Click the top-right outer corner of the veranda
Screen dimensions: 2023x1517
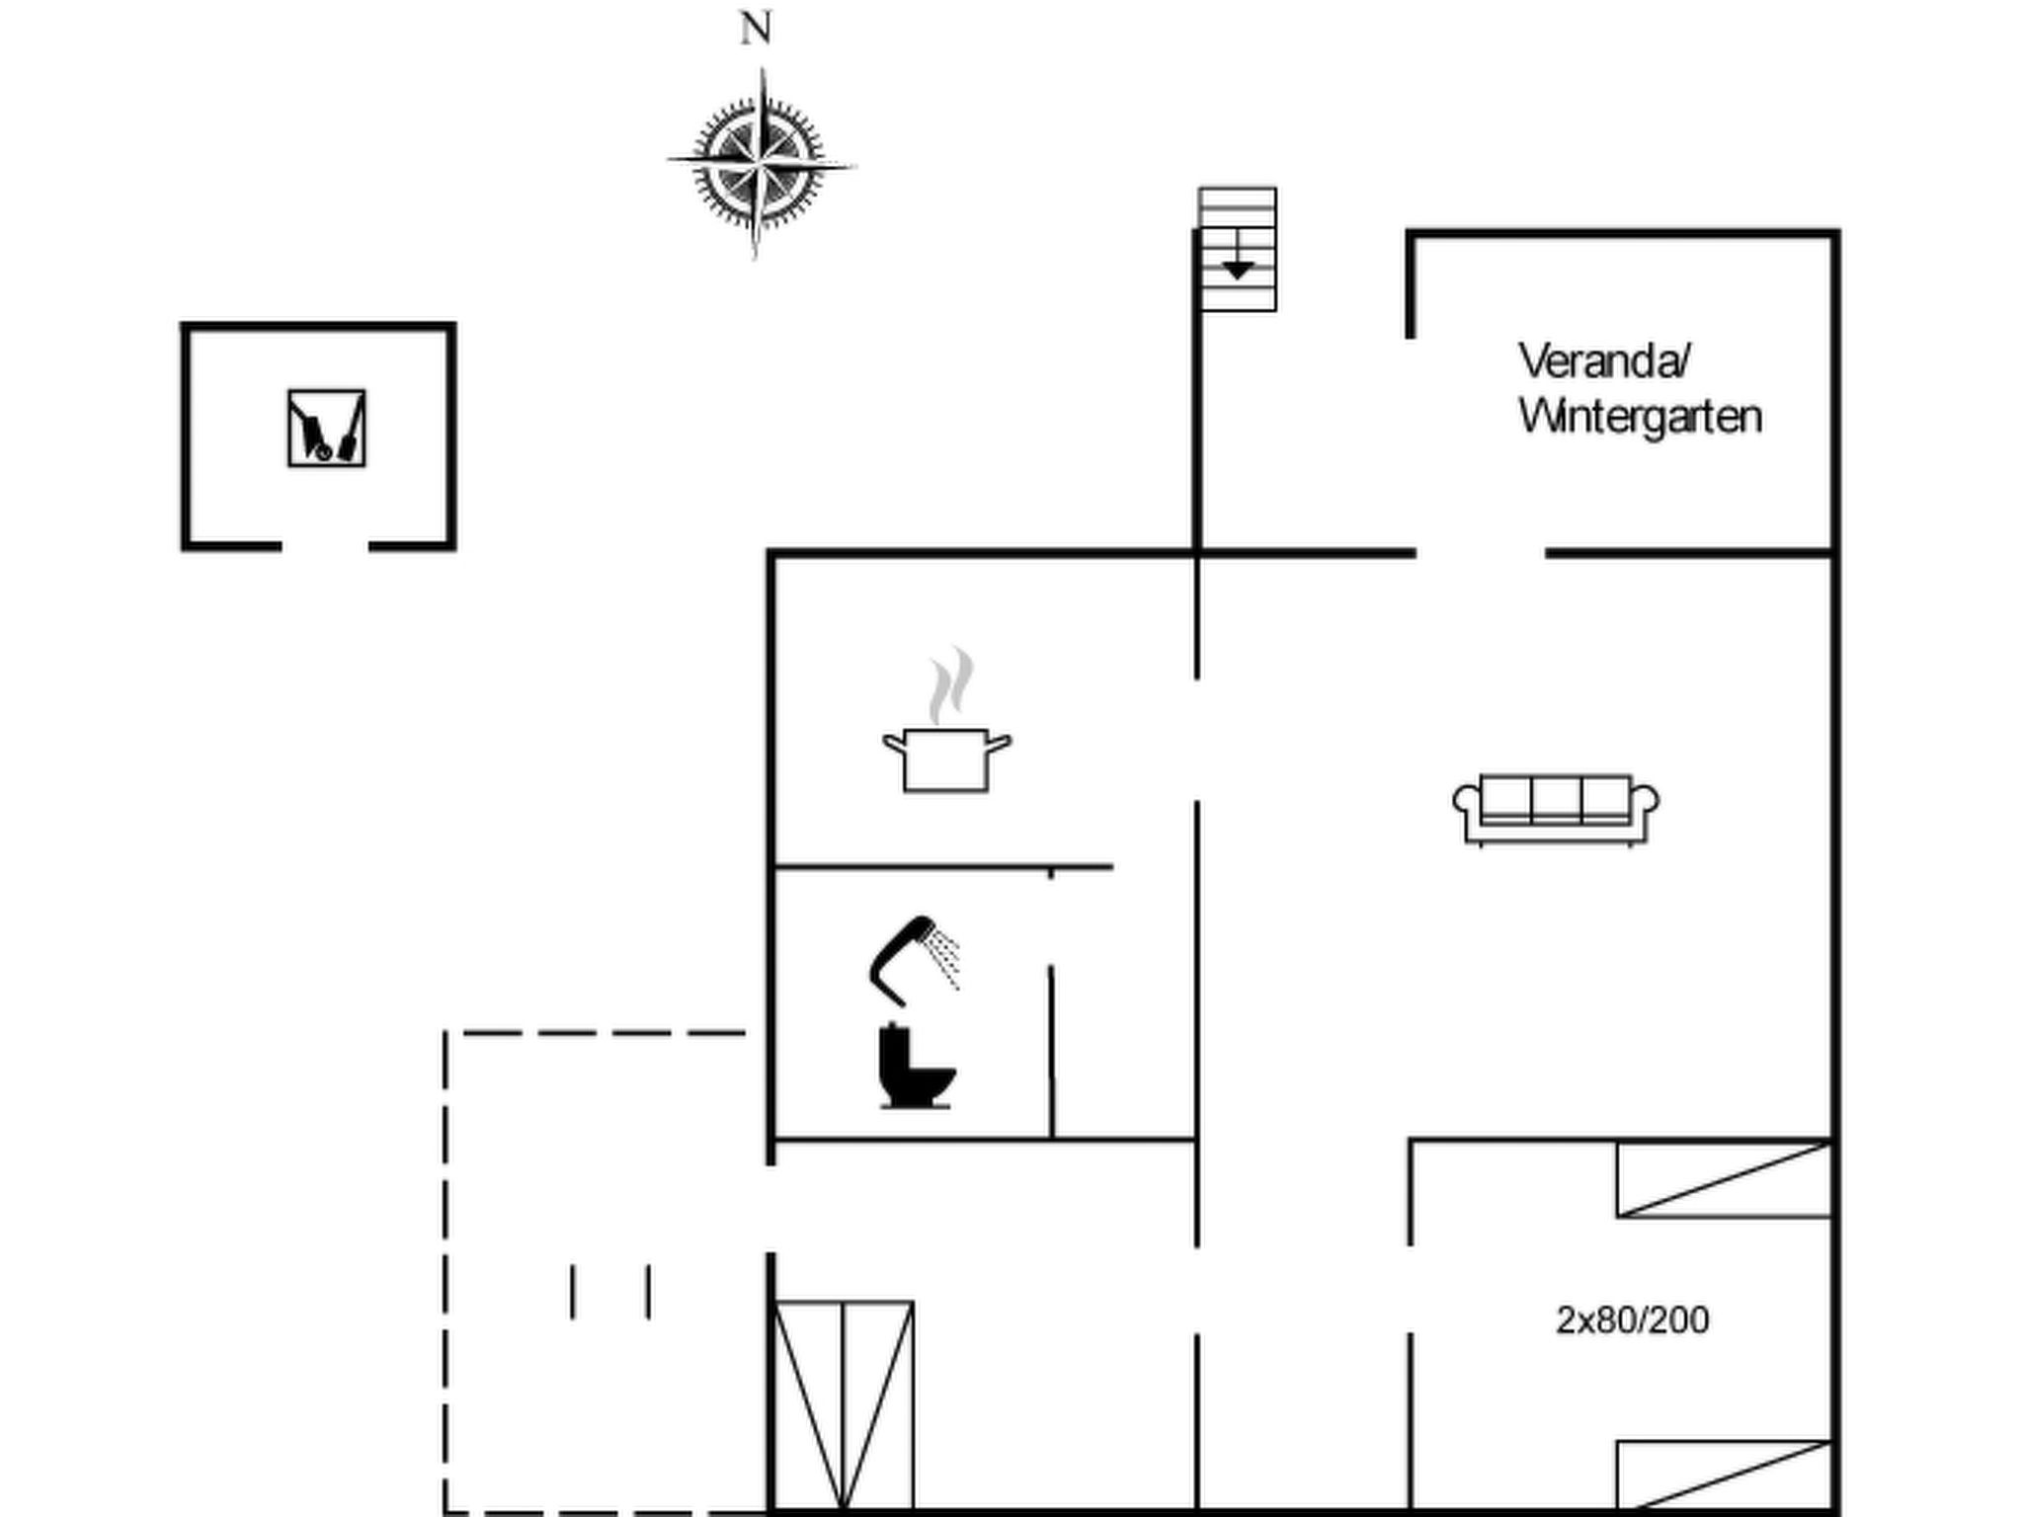[x=1838, y=231]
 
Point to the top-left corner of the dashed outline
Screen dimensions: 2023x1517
[x=445, y=1032]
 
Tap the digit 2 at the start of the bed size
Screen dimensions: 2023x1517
[x=1567, y=1320]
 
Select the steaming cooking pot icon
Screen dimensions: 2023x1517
[x=946, y=721]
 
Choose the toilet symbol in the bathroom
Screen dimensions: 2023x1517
[x=916, y=1066]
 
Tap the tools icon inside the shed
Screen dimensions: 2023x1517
[x=327, y=428]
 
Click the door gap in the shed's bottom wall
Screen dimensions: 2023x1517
[x=325, y=545]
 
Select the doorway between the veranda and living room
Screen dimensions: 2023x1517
[x=1481, y=553]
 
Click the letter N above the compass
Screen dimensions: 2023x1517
[x=756, y=29]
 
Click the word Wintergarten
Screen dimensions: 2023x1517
[x=1640, y=417]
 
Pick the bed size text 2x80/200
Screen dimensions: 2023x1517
[x=1633, y=1320]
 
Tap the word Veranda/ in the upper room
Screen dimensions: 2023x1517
[x=1605, y=361]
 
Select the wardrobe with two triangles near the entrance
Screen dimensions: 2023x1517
[x=844, y=1406]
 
